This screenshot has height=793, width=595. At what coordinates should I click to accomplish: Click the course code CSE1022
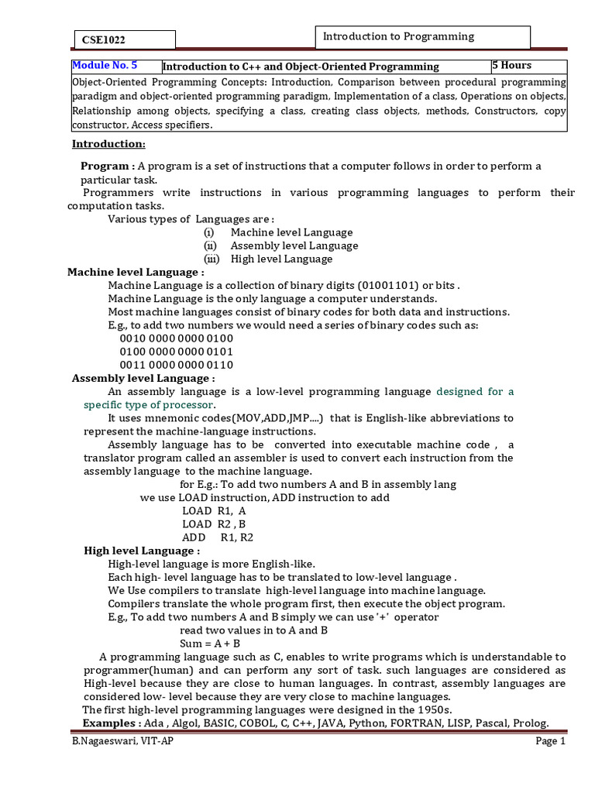pyautogui.click(x=103, y=40)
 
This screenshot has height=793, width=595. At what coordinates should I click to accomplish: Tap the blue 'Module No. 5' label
pyautogui.click(x=105, y=66)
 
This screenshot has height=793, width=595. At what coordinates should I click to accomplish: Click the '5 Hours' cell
pyautogui.click(x=512, y=66)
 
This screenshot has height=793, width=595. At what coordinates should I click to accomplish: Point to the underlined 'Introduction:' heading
pyautogui.click(x=108, y=144)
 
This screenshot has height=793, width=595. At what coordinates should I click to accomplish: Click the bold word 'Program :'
pyautogui.click(x=108, y=166)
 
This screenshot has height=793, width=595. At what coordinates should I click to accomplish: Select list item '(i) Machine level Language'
pyautogui.click(x=278, y=232)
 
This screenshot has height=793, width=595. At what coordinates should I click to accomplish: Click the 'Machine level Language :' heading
pyautogui.click(x=136, y=273)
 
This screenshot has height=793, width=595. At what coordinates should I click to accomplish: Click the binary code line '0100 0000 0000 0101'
pyautogui.click(x=177, y=352)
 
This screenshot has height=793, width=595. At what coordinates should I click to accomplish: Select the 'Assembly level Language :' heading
pyautogui.click(x=143, y=378)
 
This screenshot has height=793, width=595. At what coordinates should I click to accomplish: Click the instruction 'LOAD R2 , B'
pyautogui.click(x=215, y=524)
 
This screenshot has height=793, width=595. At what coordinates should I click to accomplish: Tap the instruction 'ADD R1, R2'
pyautogui.click(x=218, y=537)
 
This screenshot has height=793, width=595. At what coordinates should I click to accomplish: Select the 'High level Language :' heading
pyautogui.click(x=142, y=551)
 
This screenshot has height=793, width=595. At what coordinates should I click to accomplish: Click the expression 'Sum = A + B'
pyautogui.click(x=210, y=644)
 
